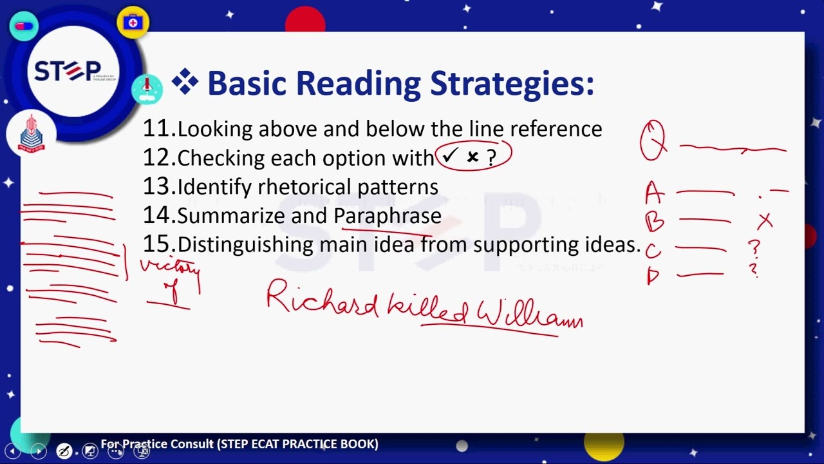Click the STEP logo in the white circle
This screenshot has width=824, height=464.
coord(68,71)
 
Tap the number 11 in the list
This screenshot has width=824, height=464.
coord(158,129)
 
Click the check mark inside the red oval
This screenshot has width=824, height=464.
coord(449,157)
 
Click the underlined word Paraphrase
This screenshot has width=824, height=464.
coord(387,215)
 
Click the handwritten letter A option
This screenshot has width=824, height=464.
coord(654,192)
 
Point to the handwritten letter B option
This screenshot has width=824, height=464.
coord(654,221)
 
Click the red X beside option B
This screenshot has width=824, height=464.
coord(765,222)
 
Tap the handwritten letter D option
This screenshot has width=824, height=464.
coord(653,276)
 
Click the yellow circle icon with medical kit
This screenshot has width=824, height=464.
coord(133,23)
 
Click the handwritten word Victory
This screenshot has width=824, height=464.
coord(170,267)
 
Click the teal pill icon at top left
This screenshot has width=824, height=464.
coord(24,26)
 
